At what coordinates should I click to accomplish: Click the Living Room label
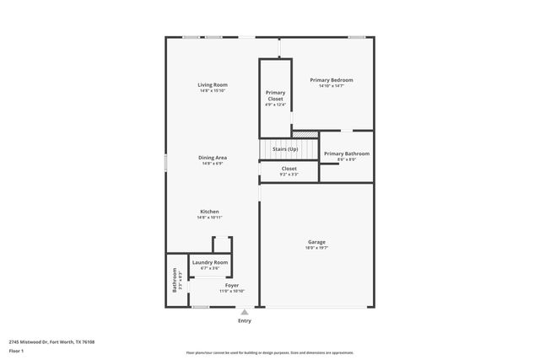pos(213,84)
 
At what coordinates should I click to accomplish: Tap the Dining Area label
pos(213,158)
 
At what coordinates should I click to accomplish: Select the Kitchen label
pos(209,211)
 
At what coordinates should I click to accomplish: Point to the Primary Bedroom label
pos(331,80)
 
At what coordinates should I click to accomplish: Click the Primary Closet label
pos(276,95)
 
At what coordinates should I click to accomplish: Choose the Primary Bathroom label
pos(347,153)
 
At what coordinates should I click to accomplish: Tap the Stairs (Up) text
pos(285,149)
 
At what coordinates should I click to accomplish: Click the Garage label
pos(316,242)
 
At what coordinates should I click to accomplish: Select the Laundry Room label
pos(209,262)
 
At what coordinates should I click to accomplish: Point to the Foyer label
pos(231,285)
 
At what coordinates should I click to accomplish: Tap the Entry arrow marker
pos(245,312)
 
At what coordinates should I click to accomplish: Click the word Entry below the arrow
pos(245,320)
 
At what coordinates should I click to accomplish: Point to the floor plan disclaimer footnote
pos(270,352)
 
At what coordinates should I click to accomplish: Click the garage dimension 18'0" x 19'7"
pos(316,248)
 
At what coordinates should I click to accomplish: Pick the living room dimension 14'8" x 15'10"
pos(213,90)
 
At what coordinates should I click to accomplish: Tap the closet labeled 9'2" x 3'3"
pos(289,174)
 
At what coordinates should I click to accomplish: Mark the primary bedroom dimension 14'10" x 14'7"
pos(331,86)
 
